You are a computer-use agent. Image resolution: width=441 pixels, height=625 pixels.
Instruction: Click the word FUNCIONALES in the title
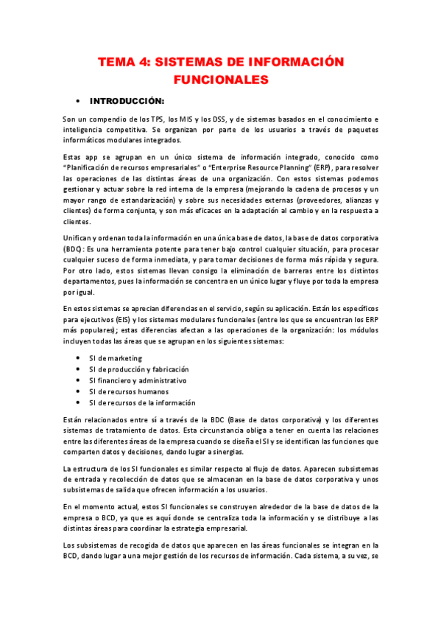pyautogui.click(x=220, y=78)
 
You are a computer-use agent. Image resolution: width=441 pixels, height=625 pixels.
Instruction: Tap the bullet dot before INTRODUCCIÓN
pyautogui.click(x=78, y=100)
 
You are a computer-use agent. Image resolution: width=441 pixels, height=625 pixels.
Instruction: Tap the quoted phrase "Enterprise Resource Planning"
pyautogui.click(x=243, y=169)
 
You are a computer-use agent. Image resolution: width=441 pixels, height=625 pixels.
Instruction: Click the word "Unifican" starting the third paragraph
pyautogui.click(x=80, y=238)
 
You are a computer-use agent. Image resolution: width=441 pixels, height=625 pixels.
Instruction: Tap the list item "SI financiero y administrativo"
pyautogui.click(x=137, y=380)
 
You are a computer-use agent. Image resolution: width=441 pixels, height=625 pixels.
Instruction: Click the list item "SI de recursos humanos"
pyautogui.click(x=128, y=391)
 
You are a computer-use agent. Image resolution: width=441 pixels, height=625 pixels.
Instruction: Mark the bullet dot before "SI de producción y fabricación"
pyautogui.click(x=78, y=369)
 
